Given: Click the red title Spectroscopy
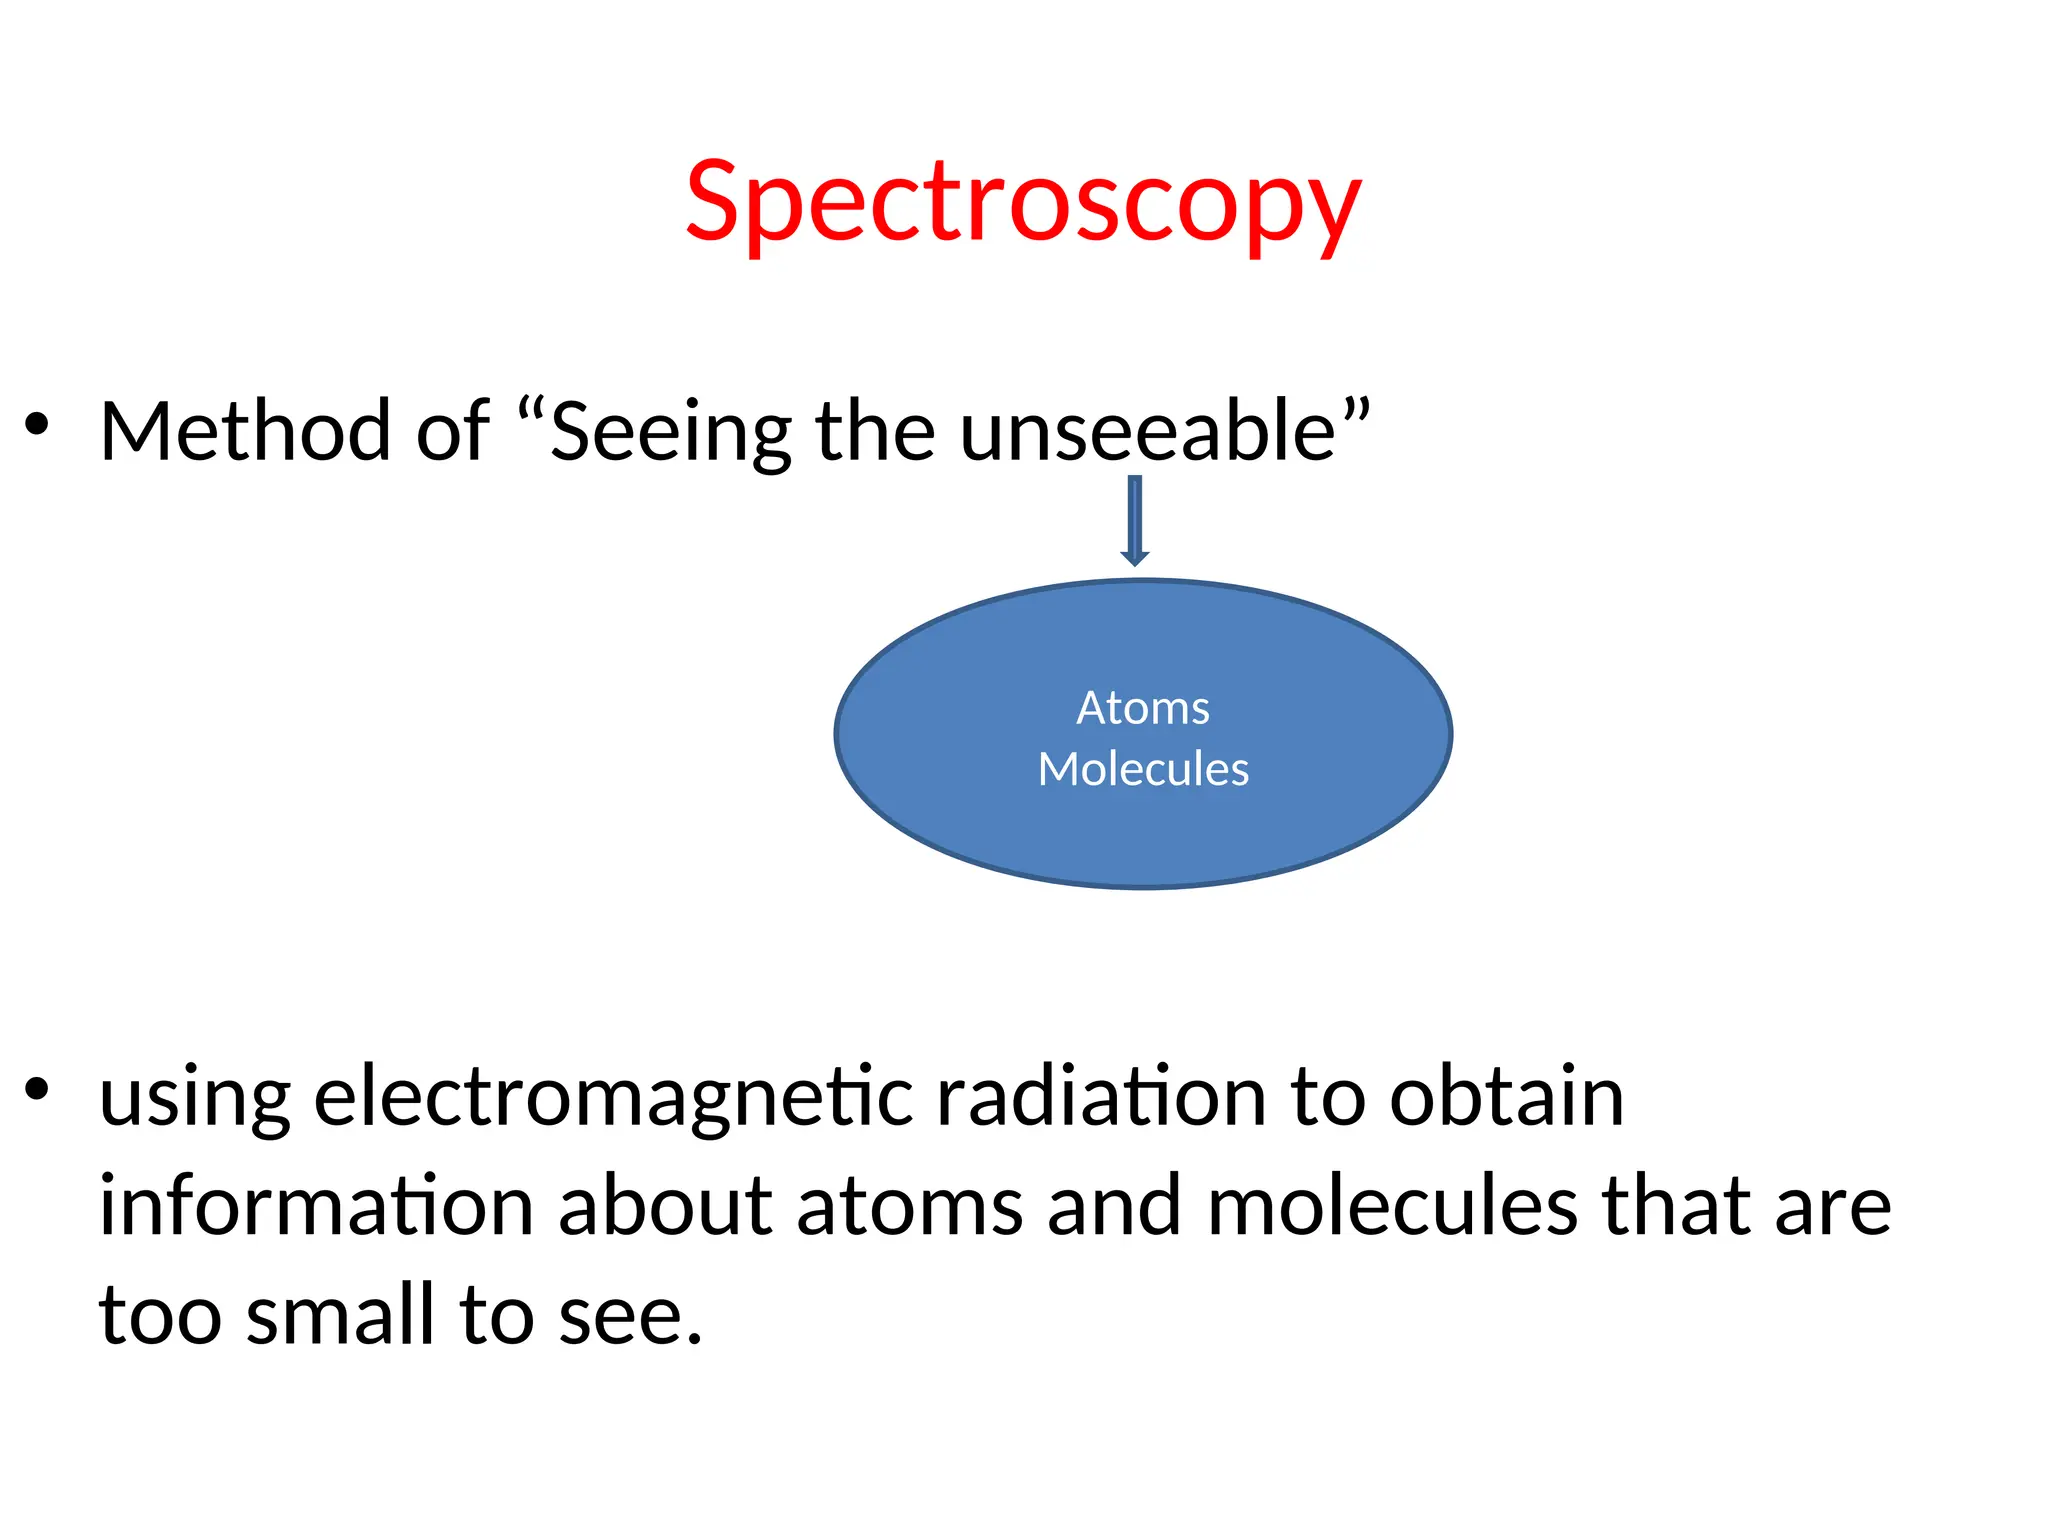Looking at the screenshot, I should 1023,203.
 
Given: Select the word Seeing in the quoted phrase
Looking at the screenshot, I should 670,433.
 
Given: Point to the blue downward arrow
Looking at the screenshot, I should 1134,521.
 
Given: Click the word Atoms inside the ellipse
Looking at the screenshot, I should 1143,708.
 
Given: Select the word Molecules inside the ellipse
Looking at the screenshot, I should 1143,769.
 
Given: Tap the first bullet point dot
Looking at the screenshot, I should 37,425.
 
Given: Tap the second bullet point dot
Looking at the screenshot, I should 37,1089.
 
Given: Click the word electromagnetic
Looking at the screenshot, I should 613,1098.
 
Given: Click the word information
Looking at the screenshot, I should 316,1205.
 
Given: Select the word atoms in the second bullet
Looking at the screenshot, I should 909,1207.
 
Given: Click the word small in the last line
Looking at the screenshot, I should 340,1315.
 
